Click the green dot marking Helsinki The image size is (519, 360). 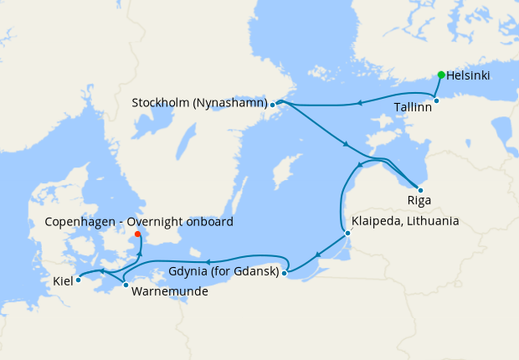click(441, 75)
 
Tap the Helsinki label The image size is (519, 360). click(469, 75)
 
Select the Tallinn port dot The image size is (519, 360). click(436, 101)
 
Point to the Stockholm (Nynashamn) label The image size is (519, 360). click(199, 104)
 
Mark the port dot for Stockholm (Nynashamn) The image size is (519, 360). click(273, 105)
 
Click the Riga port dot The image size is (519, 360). click(419, 191)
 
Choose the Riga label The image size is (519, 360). click(419, 203)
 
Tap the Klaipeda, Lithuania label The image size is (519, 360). click(406, 221)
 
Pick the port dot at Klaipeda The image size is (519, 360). click(347, 234)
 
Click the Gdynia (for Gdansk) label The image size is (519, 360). click(224, 272)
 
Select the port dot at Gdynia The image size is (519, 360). click(285, 272)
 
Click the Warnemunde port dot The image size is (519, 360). click(126, 285)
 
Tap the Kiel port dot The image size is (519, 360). click(78, 280)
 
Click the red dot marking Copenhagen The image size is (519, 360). click(137, 234)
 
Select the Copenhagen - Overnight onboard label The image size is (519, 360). click(138, 222)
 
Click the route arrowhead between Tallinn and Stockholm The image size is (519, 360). click(358, 103)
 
